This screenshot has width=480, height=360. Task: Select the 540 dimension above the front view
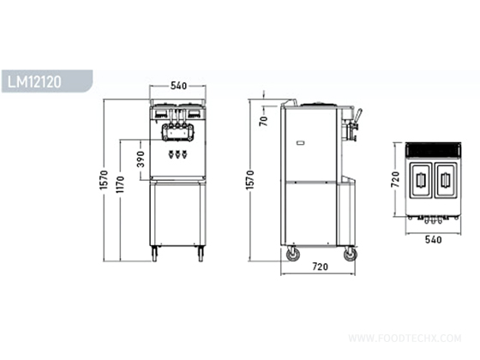(x=178, y=87)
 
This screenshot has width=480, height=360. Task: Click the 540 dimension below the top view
(x=434, y=241)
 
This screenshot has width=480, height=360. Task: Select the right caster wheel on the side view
(x=350, y=255)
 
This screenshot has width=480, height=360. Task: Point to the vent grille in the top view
(x=434, y=149)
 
